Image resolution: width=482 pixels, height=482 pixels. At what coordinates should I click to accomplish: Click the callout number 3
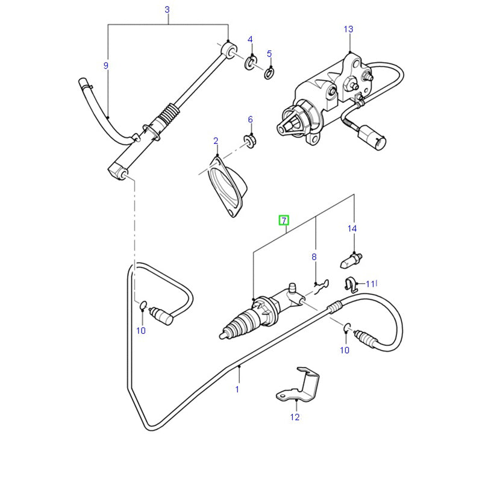click(167, 10)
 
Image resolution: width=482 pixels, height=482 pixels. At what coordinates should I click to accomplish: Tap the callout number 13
click(349, 29)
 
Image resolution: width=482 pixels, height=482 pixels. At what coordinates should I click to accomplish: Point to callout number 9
click(106, 65)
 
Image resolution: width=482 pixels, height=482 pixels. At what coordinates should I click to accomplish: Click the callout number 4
click(251, 40)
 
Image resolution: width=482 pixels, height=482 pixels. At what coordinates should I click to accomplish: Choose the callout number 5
click(269, 54)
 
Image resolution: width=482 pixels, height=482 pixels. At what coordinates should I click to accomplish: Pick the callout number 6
click(251, 119)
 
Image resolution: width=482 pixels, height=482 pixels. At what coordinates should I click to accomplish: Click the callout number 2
click(216, 141)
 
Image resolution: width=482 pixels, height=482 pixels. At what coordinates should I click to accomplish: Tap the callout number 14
click(352, 228)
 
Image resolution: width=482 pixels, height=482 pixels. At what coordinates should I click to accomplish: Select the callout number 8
click(314, 257)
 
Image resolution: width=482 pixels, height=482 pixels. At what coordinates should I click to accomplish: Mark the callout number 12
click(295, 416)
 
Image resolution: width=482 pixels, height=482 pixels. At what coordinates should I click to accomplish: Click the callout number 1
click(237, 389)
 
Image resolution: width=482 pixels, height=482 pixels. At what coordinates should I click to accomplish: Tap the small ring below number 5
click(269, 74)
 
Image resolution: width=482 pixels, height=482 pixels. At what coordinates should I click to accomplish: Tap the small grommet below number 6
click(249, 141)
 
